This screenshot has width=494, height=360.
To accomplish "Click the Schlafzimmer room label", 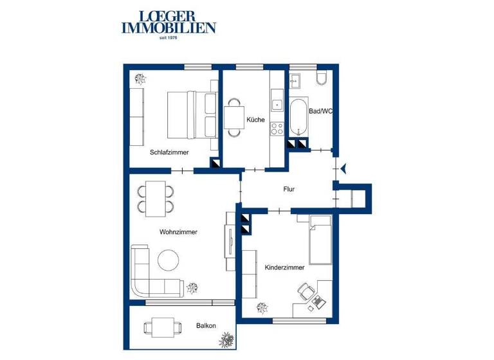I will point(169,152).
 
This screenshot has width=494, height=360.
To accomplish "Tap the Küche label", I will point(255,120).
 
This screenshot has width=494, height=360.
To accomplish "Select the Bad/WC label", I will point(320,111).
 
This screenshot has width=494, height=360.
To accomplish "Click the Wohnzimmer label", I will point(178,232).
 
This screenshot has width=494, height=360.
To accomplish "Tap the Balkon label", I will point(206,326).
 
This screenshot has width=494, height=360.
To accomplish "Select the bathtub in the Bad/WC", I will point(298,118).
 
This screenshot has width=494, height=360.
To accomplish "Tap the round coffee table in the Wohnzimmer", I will point(169,260).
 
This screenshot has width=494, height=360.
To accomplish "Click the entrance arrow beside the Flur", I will point(345,168).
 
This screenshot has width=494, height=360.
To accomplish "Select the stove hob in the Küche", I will point(277,128).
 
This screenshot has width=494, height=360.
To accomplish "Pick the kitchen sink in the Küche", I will point(277,103).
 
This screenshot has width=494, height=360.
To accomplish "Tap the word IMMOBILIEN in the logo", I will point(169,28).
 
